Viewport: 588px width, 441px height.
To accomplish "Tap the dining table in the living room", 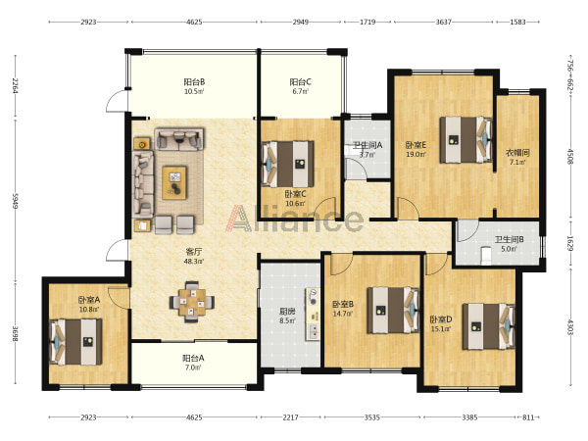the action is pyautogui.click(x=192, y=302).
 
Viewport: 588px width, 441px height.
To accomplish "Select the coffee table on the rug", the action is pyautogui.click(x=174, y=182).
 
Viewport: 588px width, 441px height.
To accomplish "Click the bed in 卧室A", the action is pyautogui.click(x=75, y=342).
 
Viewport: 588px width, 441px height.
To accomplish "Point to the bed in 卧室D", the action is pyautogui.click(x=488, y=326).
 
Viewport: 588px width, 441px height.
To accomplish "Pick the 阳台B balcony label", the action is pyautogui.click(x=194, y=81).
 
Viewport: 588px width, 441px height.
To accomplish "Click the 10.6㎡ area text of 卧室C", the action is pyautogui.click(x=295, y=204).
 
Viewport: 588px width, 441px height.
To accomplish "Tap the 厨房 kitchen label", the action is pyautogui.click(x=287, y=312).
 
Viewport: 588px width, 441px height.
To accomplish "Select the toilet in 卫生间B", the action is pyautogui.click(x=486, y=255).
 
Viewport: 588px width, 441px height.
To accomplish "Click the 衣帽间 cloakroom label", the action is pyautogui.click(x=517, y=153).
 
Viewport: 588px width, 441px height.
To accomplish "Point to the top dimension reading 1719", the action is pyautogui.click(x=367, y=22).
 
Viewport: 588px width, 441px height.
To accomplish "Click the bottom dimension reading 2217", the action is pyautogui.click(x=290, y=417).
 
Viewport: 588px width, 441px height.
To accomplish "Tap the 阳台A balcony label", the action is pyautogui.click(x=193, y=358).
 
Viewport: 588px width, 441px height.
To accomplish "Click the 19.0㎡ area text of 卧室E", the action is pyautogui.click(x=416, y=154).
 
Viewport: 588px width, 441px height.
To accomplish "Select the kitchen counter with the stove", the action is pyautogui.click(x=313, y=315).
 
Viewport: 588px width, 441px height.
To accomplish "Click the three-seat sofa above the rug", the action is pyautogui.click(x=179, y=139).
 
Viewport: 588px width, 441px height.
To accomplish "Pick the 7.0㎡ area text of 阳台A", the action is pyautogui.click(x=193, y=367).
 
